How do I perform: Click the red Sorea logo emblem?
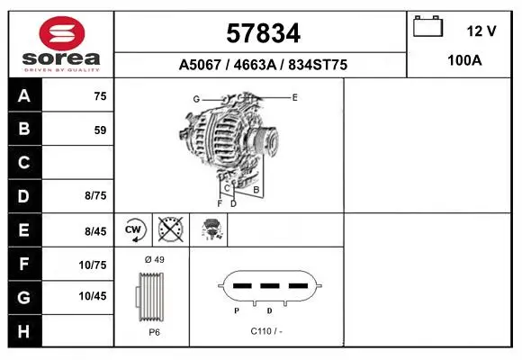point(62,33)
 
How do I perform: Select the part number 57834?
point(263,33)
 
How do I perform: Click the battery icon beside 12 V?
point(427,26)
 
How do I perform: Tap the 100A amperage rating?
point(464,60)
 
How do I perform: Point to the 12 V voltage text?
point(481,31)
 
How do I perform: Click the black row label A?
point(24,96)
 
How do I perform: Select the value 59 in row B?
point(100,130)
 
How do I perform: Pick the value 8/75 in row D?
point(95,195)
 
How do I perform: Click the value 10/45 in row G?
point(93,296)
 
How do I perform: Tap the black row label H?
point(23,332)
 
